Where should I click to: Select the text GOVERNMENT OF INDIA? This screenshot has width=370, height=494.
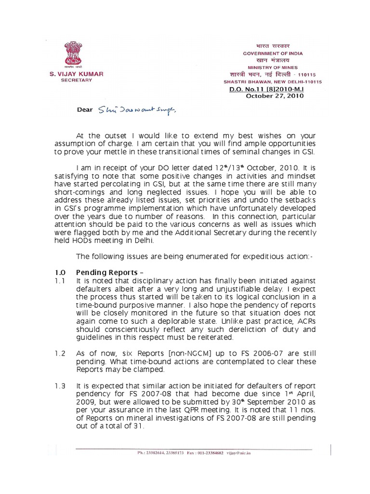[273, 53]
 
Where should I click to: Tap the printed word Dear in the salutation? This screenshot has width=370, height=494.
[85, 110]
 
